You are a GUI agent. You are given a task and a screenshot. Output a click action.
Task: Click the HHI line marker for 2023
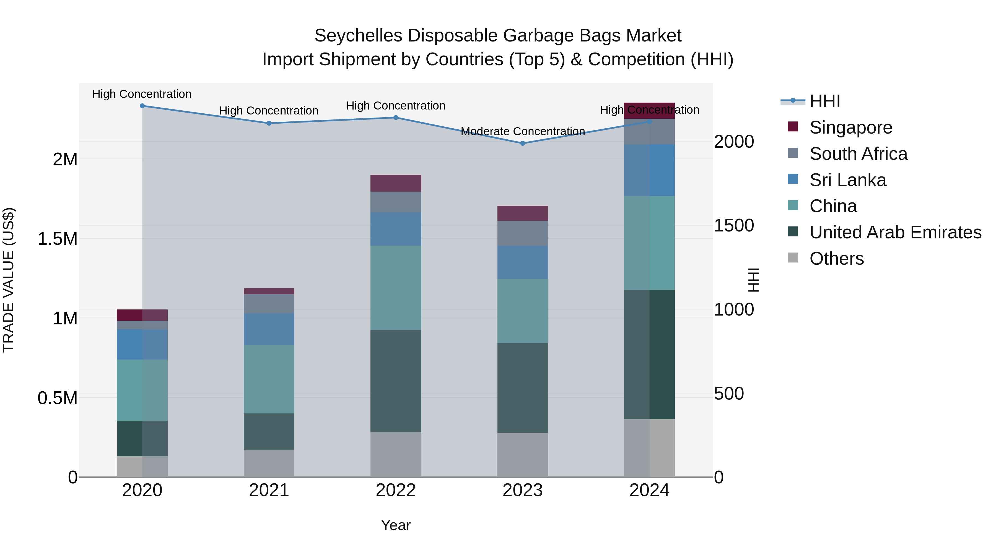[522, 143]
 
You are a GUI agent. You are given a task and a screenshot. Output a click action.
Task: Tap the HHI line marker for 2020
[142, 106]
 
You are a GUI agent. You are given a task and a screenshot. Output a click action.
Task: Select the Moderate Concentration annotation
[522, 131]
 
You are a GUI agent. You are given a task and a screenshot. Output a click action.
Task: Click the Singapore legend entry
[851, 127]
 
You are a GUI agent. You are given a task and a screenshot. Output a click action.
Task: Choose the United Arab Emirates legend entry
[895, 232]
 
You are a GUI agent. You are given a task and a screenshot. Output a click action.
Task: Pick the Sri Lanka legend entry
[847, 180]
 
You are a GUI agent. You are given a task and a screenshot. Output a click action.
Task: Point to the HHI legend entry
[824, 101]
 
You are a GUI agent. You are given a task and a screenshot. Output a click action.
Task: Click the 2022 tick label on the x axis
[396, 490]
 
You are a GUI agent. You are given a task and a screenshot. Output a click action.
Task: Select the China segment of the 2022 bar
[396, 288]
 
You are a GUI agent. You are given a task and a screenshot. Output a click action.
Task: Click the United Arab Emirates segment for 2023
[522, 388]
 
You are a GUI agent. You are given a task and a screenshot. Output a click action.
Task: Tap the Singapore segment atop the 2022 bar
[396, 183]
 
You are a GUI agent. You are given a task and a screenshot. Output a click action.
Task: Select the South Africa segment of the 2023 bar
[522, 233]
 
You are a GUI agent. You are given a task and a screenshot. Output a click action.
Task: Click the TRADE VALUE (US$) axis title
[9, 280]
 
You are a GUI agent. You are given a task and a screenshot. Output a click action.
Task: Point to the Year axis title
[396, 525]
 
